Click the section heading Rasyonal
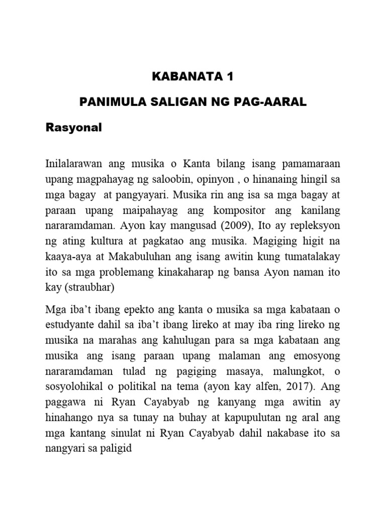click(73, 127)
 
